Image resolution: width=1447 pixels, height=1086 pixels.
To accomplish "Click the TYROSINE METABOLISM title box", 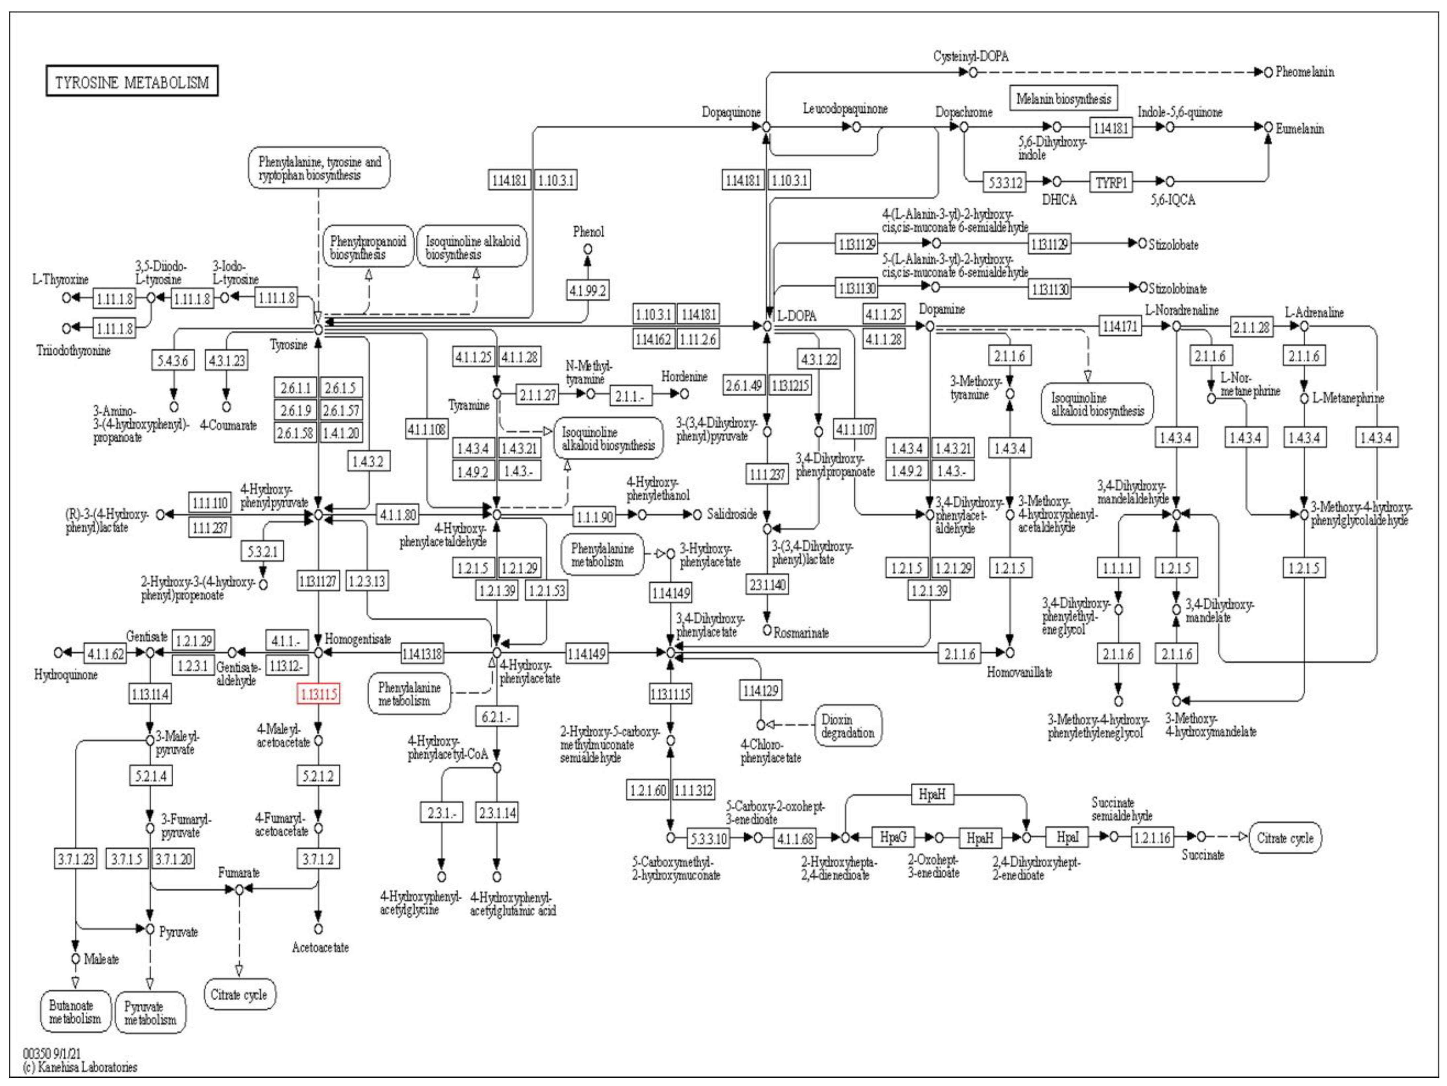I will [x=131, y=81].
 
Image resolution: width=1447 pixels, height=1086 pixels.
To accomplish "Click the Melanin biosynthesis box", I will [x=1063, y=99].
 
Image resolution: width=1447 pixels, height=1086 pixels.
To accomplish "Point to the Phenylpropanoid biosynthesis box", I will [x=368, y=248].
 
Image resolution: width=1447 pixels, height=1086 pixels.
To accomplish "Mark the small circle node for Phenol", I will [x=587, y=249].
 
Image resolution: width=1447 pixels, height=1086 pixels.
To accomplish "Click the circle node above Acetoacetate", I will [x=319, y=928].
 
